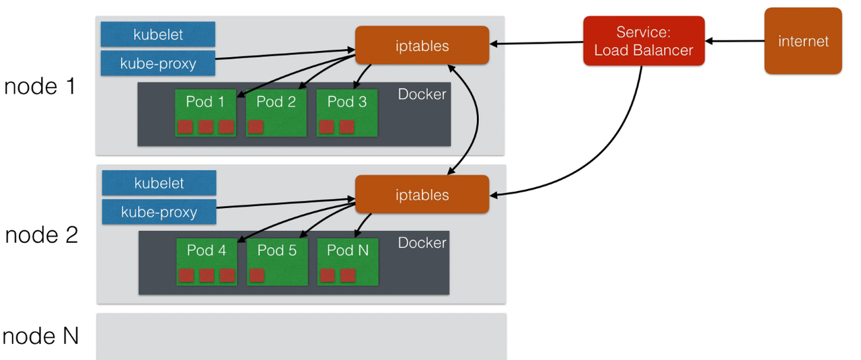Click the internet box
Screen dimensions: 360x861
click(802, 41)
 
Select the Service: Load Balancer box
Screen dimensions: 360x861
click(643, 41)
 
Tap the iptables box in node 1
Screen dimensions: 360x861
click(422, 45)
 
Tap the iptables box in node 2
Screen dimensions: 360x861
click(422, 194)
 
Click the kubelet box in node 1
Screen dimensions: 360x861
click(158, 34)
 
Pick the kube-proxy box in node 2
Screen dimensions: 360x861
click(159, 212)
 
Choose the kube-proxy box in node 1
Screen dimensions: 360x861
click(158, 63)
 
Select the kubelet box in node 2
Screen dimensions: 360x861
click(159, 183)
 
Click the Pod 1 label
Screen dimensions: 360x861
click(204, 102)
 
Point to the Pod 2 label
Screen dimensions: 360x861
click(276, 102)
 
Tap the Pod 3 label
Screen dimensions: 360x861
click(346, 102)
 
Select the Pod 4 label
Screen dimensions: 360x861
click(206, 250)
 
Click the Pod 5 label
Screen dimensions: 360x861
click(276, 250)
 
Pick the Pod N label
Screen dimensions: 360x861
click(347, 250)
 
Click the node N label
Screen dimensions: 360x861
click(40, 335)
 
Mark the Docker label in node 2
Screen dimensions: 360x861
click(422, 242)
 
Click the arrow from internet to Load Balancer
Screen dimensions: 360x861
click(735, 41)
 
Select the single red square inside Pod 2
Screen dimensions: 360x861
click(256, 127)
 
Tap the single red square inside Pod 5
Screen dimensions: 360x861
click(257, 275)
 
